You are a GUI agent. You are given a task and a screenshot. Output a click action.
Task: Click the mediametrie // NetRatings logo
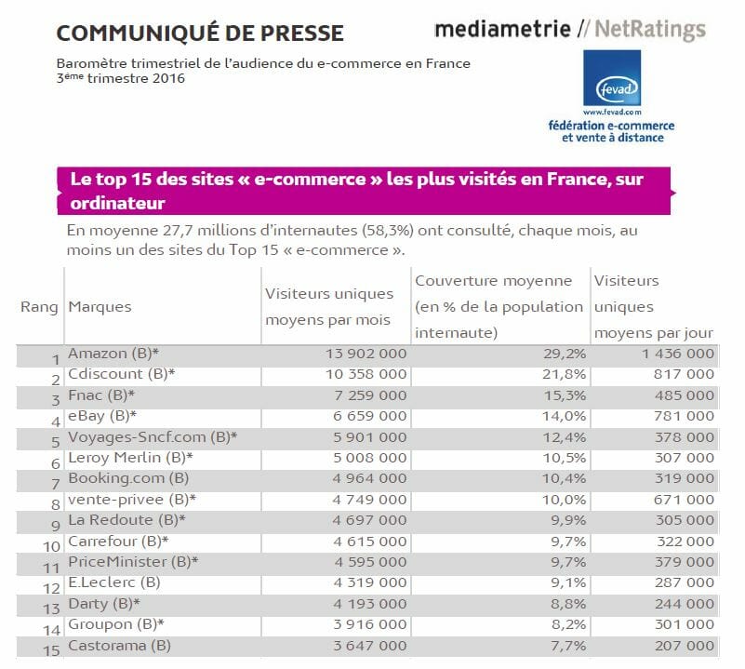click(570, 30)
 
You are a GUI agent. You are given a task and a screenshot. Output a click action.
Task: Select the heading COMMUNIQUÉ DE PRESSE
click(200, 34)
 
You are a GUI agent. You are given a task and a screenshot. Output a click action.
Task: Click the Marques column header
click(100, 307)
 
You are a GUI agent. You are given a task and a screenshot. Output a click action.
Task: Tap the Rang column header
click(39, 307)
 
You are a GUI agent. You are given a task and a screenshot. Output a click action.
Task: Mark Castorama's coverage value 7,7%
click(566, 645)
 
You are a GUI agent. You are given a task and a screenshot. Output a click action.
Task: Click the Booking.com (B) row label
click(117, 478)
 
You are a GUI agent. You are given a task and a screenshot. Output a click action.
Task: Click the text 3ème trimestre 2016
click(120, 78)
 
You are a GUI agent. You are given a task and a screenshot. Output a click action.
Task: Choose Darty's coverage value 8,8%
click(566, 603)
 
